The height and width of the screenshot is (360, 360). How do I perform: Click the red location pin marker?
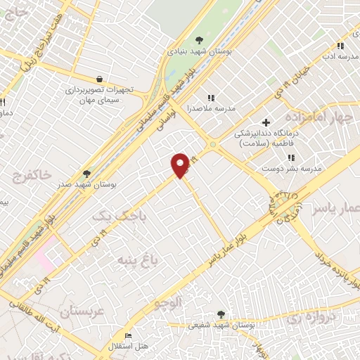181,165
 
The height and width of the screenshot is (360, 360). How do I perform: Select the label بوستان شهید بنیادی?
198,52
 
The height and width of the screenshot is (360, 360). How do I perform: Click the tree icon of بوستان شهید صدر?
87,173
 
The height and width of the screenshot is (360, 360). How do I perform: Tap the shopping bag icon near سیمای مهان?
100,79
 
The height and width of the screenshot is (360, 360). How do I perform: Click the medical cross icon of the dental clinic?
266,122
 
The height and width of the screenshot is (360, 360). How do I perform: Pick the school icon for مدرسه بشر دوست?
291,157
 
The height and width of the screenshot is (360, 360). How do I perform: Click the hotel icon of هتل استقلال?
127,335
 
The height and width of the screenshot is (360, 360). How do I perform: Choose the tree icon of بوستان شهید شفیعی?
221,314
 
